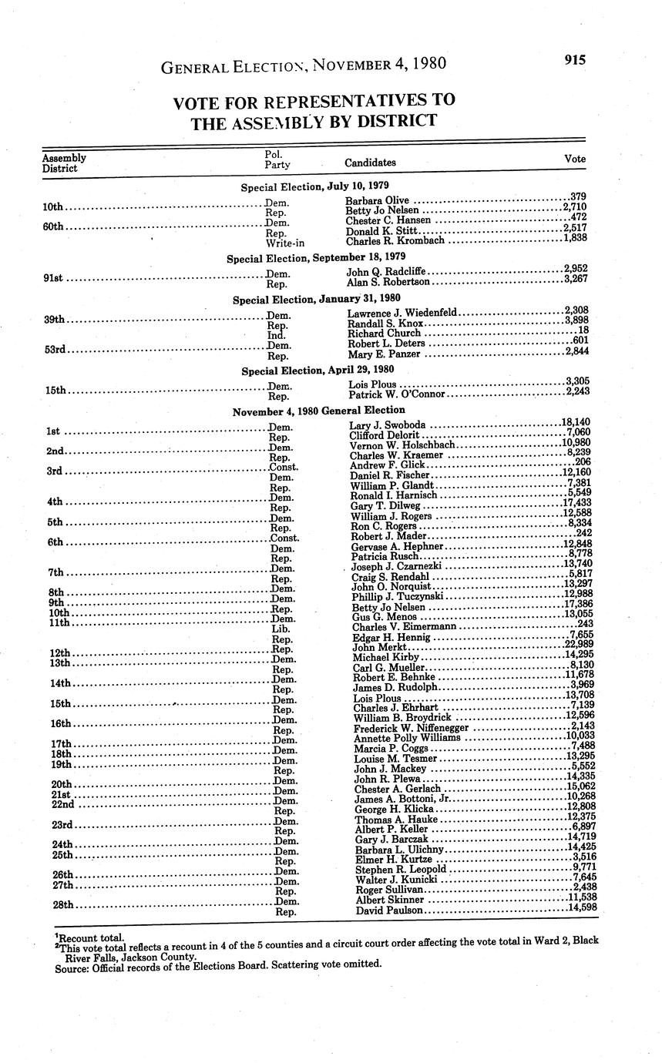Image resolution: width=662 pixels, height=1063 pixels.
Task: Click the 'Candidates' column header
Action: (370, 163)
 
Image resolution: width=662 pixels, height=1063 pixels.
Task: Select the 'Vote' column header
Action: (575, 159)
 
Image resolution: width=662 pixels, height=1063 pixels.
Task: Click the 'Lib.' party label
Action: (281, 629)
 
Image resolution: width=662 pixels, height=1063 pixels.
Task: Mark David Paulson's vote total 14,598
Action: (580, 909)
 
